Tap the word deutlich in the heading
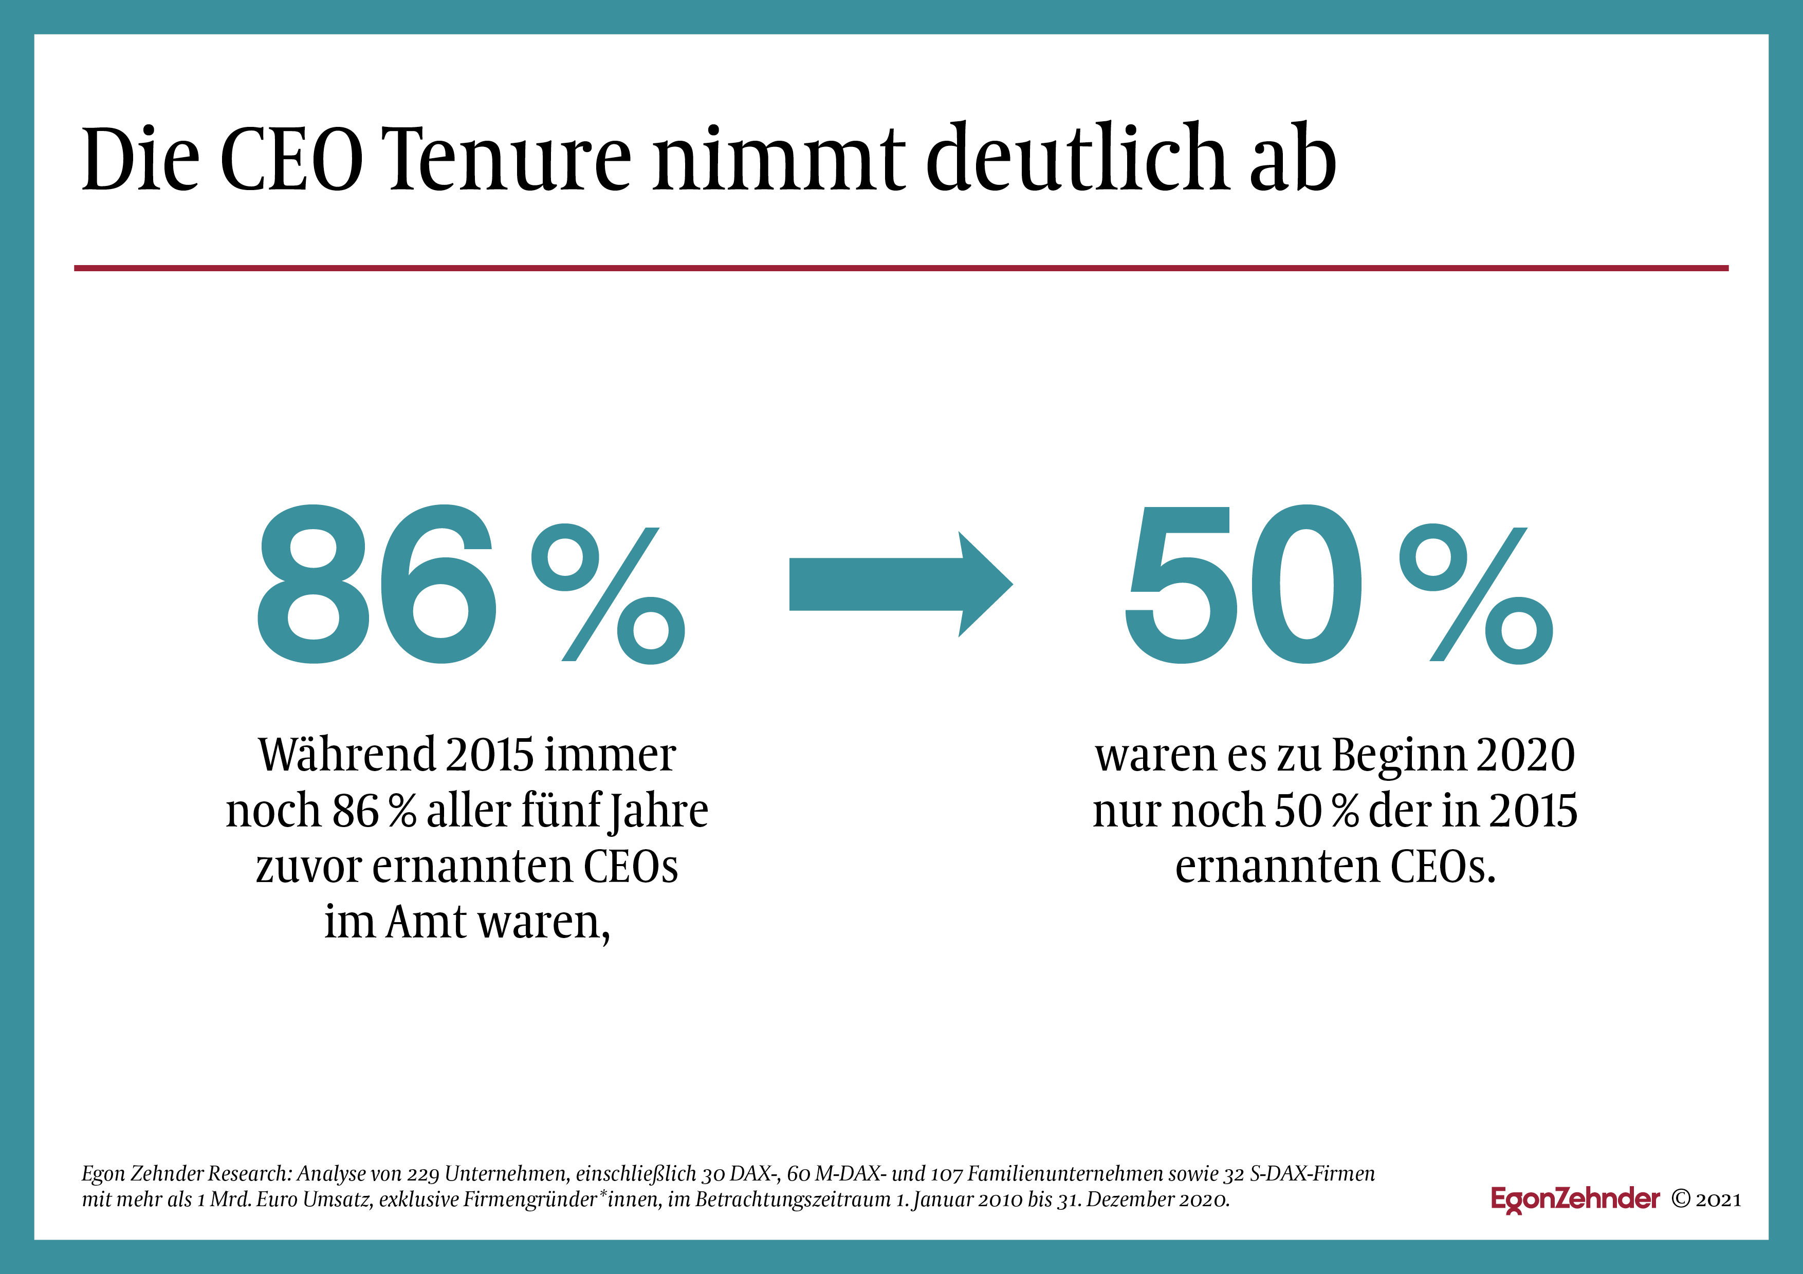(1077, 157)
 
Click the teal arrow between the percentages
(900, 584)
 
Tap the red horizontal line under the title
(901, 269)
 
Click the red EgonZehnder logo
(1575, 1200)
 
